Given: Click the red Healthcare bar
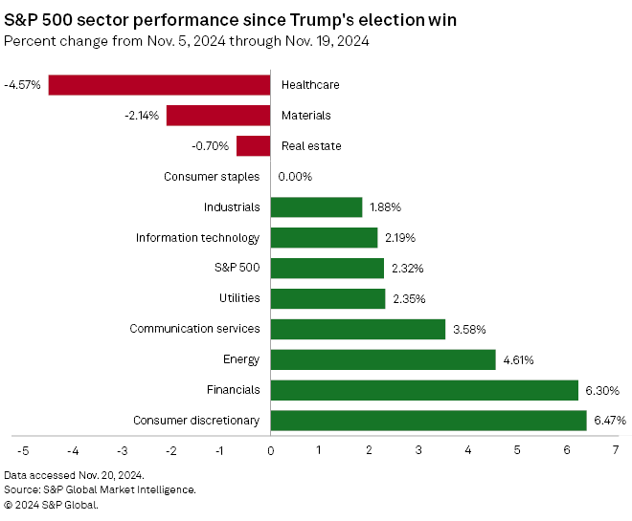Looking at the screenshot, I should [x=159, y=85].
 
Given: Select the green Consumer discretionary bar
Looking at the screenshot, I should [x=428, y=421].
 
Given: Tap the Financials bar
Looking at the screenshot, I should [x=424, y=390].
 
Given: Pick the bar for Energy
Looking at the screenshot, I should [x=383, y=359].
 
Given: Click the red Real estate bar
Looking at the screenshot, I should [x=254, y=146].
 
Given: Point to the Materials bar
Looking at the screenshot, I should [x=218, y=116].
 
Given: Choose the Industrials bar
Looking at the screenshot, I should [x=316, y=207].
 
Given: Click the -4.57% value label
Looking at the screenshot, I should [x=22, y=85].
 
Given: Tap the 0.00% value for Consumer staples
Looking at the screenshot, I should [x=295, y=177].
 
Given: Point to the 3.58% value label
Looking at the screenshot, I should [x=469, y=329].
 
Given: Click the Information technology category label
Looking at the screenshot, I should [x=197, y=238].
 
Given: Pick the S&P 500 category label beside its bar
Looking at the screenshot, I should [x=237, y=268].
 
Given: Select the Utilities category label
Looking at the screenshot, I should [x=238, y=298].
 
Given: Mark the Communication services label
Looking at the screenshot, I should [x=195, y=329].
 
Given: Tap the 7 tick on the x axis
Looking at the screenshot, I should [x=616, y=450].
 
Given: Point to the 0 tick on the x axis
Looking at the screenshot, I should [x=271, y=450].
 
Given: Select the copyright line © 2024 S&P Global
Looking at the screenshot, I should [x=51, y=504].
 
